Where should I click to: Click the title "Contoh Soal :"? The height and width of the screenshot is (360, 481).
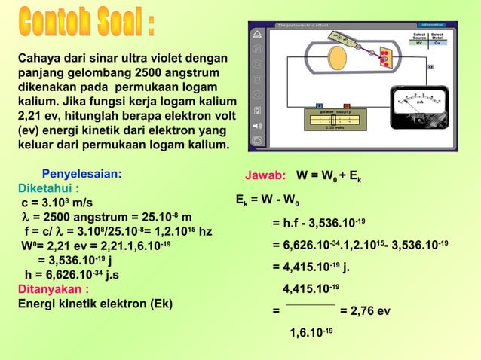click(x=87, y=24)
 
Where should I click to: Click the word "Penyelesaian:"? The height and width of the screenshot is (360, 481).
click(x=81, y=173)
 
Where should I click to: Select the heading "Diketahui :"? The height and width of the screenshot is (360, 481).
click(x=49, y=188)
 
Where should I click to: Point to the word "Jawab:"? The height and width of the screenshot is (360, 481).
click(x=265, y=176)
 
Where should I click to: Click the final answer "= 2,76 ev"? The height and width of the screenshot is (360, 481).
click(x=365, y=310)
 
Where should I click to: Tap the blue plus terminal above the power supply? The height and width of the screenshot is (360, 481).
click(x=320, y=105)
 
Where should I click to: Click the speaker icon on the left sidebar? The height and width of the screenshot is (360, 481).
click(x=257, y=125)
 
